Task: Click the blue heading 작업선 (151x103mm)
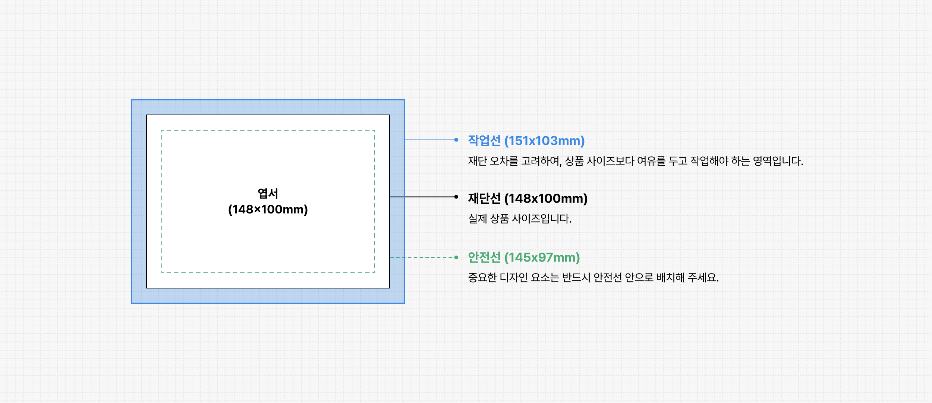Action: pyautogui.click(x=526, y=141)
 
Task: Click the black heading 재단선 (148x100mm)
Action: pyautogui.click(x=528, y=198)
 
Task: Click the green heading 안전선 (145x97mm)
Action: pyautogui.click(x=524, y=257)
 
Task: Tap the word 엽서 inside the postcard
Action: pyautogui.click(x=268, y=193)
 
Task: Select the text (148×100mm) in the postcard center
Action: pyautogui.click(x=268, y=209)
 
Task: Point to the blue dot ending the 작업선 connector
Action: pyautogui.click(x=456, y=140)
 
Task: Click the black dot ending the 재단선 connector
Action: pyautogui.click(x=456, y=197)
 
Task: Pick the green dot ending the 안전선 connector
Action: pyautogui.click(x=456, y=257)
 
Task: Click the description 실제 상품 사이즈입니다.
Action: pyautogui.click(x=520, y=219)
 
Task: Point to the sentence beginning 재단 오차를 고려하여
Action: pyautogui.click(x=635, y=161)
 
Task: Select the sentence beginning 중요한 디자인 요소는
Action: pyautogui.click(x=593, y=277)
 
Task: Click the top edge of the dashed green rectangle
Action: pyautogui.click(x=268, y=130)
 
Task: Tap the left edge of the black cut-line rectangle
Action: pyautogui.click(x=147, y=201)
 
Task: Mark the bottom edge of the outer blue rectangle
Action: pyautogui.click(x=268, y=303)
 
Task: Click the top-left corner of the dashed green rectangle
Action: pyautogui.click(x=162, y=130)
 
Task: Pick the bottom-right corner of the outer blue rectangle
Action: pyautogui.click(x=404, y=303)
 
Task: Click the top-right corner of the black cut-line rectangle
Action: pyautogui.click(x=390, y=115)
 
